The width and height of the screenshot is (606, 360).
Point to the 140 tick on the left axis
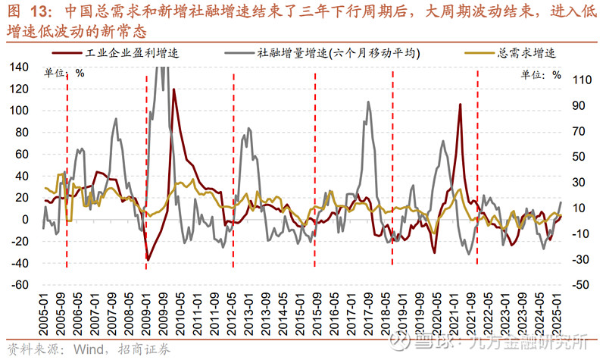point(19,67)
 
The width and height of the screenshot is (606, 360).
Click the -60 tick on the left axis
point(17,286)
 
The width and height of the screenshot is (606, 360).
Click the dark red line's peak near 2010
point(173,89)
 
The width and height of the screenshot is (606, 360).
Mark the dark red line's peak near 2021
point(460,105)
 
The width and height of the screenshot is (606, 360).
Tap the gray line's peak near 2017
point(368,102)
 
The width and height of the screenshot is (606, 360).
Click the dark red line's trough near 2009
point(148,260)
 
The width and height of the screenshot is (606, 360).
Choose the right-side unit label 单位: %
point(541,75)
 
